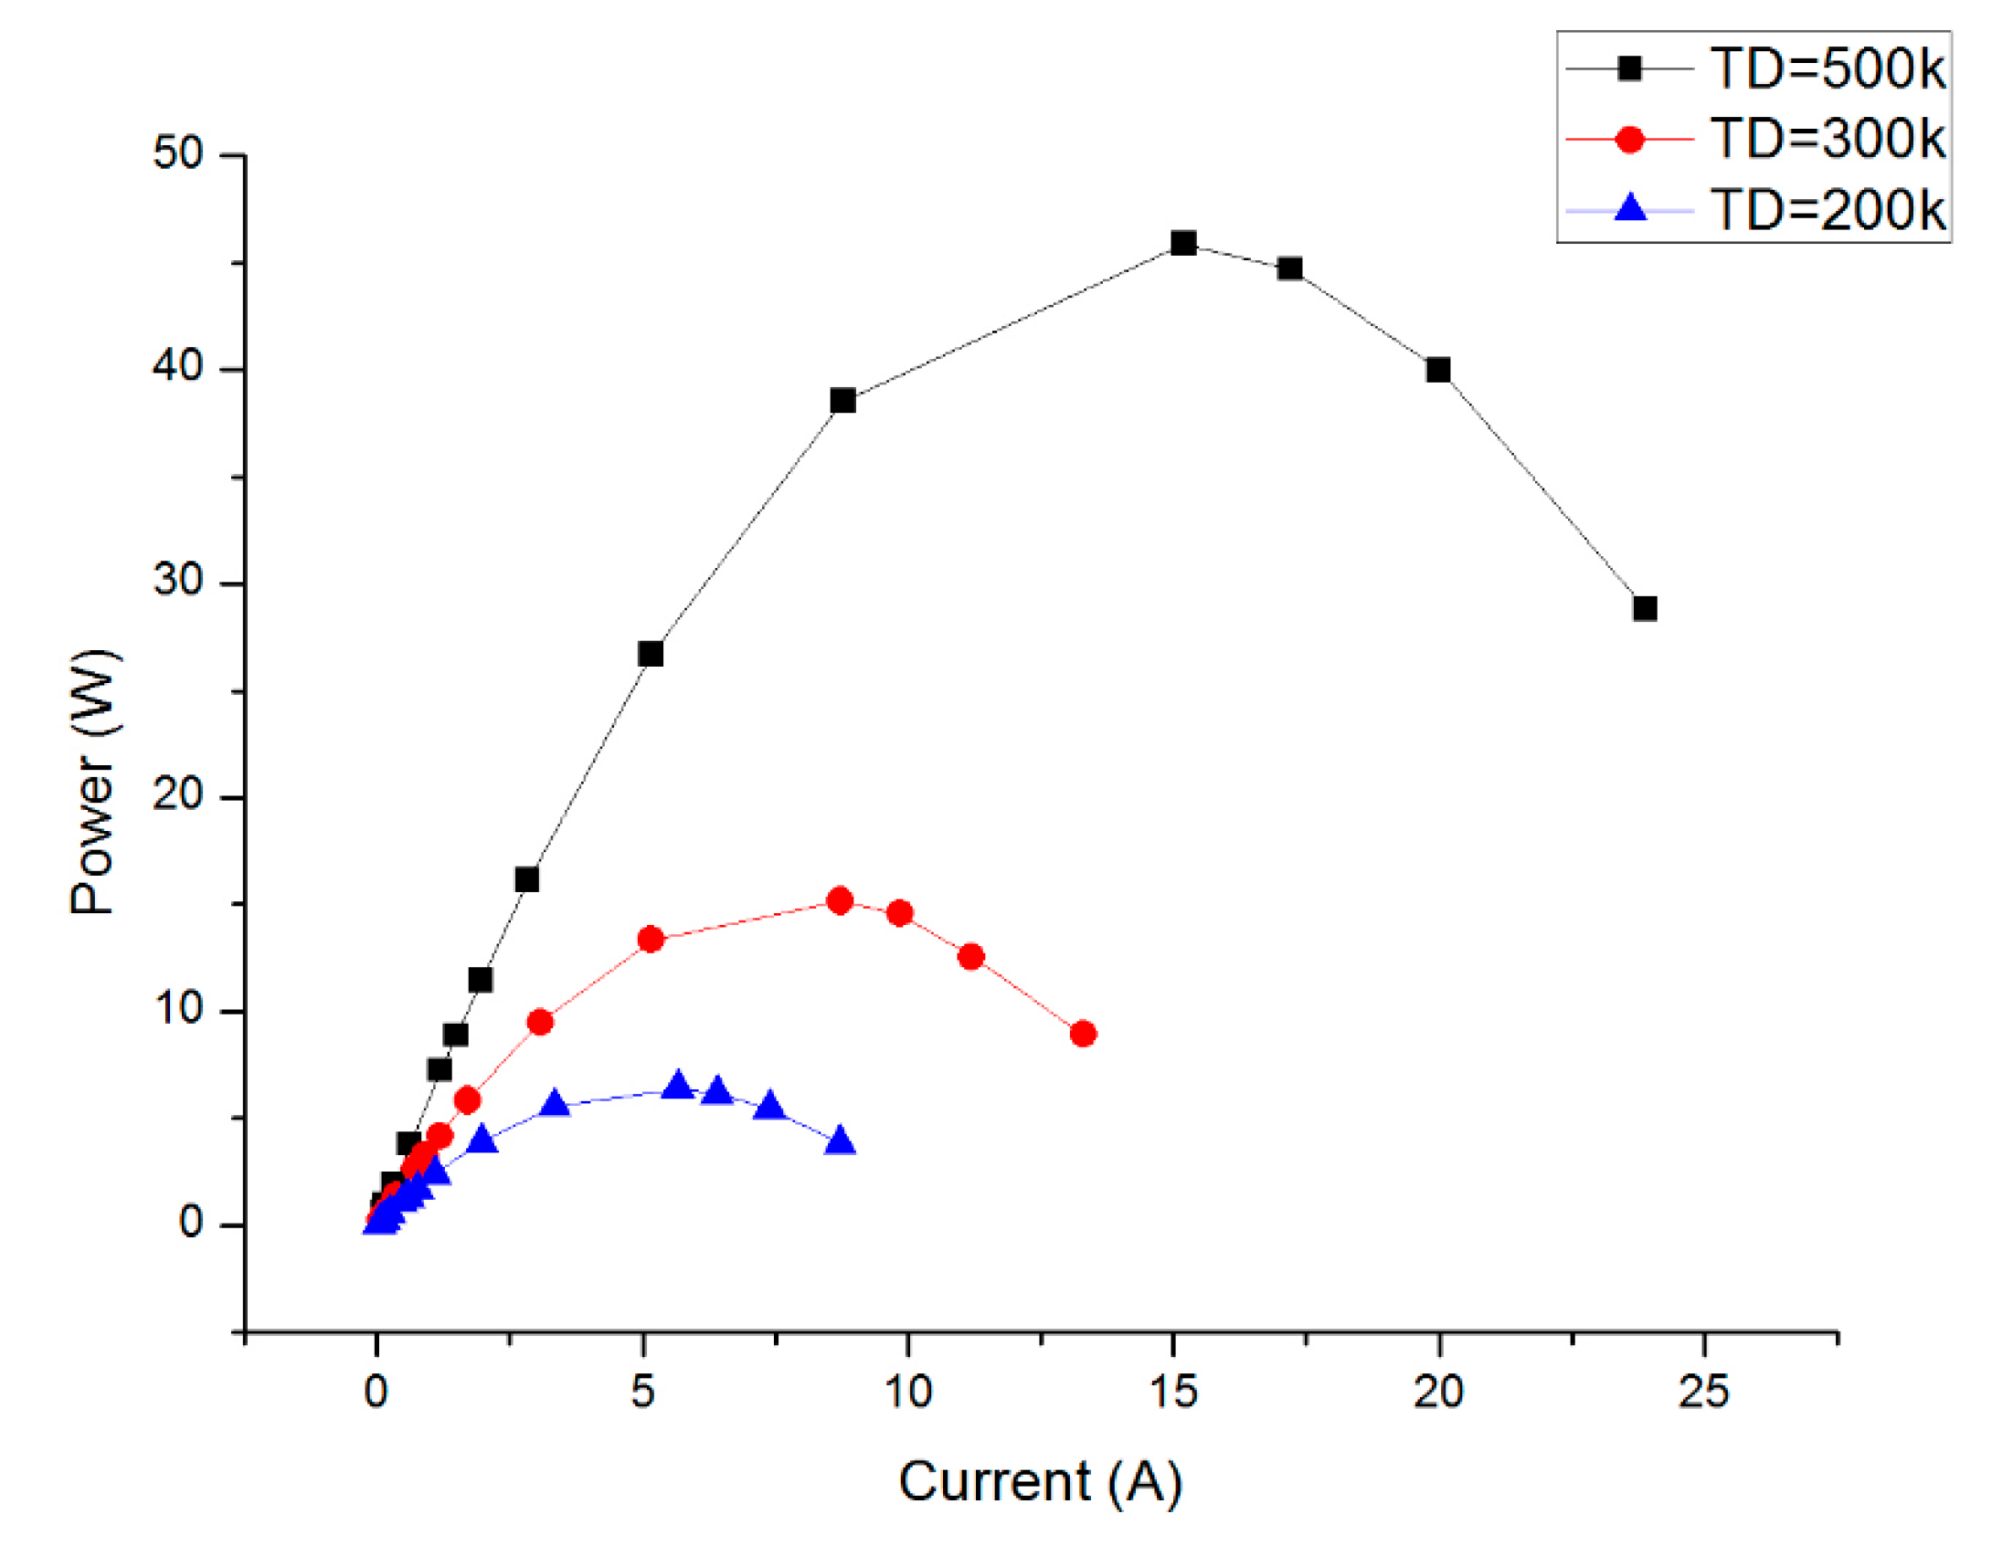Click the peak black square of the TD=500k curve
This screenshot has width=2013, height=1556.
(x=1183, y=244)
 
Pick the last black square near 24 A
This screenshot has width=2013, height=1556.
(x=1646, y=609)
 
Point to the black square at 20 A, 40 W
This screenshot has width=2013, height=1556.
(x=1438, y=371)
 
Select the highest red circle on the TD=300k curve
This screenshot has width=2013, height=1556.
(x=840, y=901)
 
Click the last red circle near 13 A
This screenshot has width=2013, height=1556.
(x=1084, y=1035)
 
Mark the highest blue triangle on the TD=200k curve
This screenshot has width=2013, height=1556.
(x=679, y=1086)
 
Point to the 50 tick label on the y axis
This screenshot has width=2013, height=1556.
(x=178, y=152)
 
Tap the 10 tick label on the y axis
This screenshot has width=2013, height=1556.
(x=178, y=1010)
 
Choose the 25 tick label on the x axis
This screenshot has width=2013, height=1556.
(x=1703, y=1391)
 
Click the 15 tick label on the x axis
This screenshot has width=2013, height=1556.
(x=1173, y=1391)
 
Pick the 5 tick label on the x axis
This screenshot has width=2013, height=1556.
(x=642, y=1391)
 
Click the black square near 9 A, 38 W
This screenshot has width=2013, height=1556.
(x=843, y=401)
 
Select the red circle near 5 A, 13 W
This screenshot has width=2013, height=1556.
(x=651, y=940)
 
